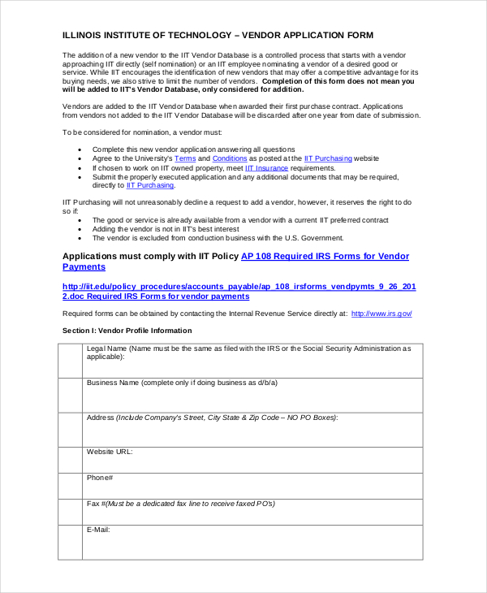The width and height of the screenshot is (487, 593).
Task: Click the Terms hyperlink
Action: pos(185,158)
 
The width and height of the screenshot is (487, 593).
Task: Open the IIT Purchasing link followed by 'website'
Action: pos(327,158)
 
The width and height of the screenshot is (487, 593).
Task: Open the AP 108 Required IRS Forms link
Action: pos(325,257)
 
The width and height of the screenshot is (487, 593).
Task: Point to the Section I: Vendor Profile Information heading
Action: pos(127,331)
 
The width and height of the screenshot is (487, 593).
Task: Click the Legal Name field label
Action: pos(106,348)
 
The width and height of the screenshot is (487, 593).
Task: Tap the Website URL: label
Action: pos(110,452)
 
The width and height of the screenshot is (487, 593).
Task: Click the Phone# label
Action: pos(100,478)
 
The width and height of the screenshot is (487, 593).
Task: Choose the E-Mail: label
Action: pos(98,530)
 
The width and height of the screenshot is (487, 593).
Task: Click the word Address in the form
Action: pos(101,418)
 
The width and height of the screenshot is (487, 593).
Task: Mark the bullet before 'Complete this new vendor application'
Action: pos(80,149)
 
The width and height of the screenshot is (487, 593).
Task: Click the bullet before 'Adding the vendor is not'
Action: pos(80,229)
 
